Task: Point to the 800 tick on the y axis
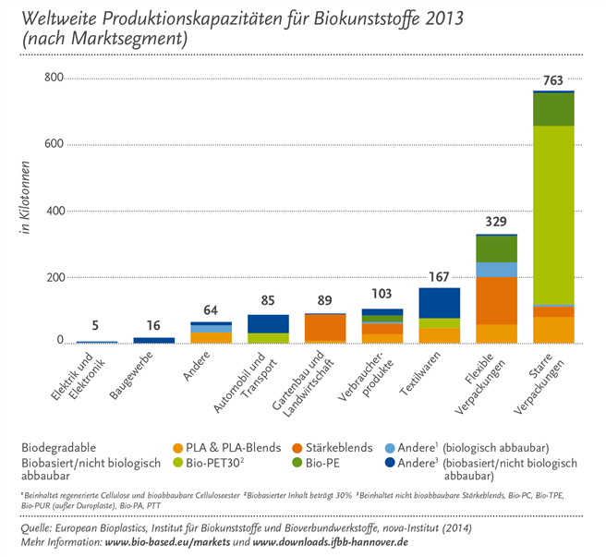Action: coord(54,79)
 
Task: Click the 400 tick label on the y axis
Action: coord(54,212)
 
